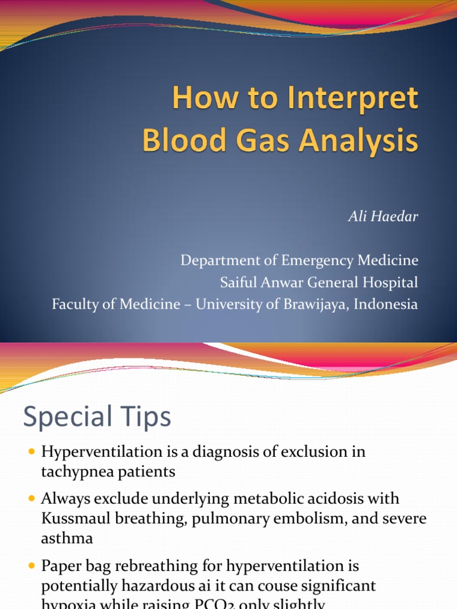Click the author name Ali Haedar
pyautogui.click(x=383, y=216)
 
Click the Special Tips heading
pyautogui.click(x=97, y=417)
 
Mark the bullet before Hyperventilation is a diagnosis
pyautogui.click(x=32, y=453)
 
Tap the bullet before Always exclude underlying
pyautogui.click(x=32, y=498)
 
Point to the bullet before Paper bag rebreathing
pyautogui.click(x=32, y=566)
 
